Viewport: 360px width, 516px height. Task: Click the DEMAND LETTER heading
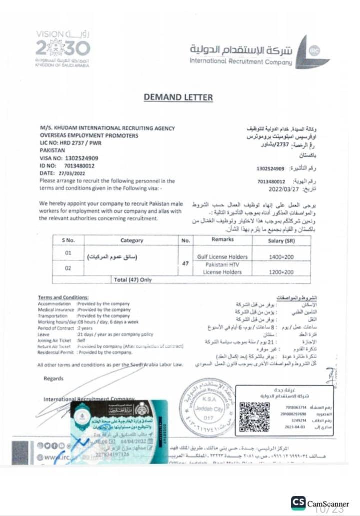(178, 97)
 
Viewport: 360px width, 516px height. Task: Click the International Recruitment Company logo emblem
(311, 52)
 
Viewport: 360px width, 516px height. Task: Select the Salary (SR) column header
(282, 240)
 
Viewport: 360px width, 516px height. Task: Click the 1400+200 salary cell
(282, 256)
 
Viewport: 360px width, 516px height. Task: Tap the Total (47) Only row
(132, 280)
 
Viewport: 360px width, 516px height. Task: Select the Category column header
(132, 240)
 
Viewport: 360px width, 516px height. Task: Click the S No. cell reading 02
(68, 269)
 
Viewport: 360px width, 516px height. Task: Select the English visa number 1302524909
(78, 158)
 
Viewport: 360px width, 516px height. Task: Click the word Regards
(53, 379)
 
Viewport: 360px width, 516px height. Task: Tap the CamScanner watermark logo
(298, 503)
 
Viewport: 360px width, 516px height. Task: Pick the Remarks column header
(222, 240)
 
